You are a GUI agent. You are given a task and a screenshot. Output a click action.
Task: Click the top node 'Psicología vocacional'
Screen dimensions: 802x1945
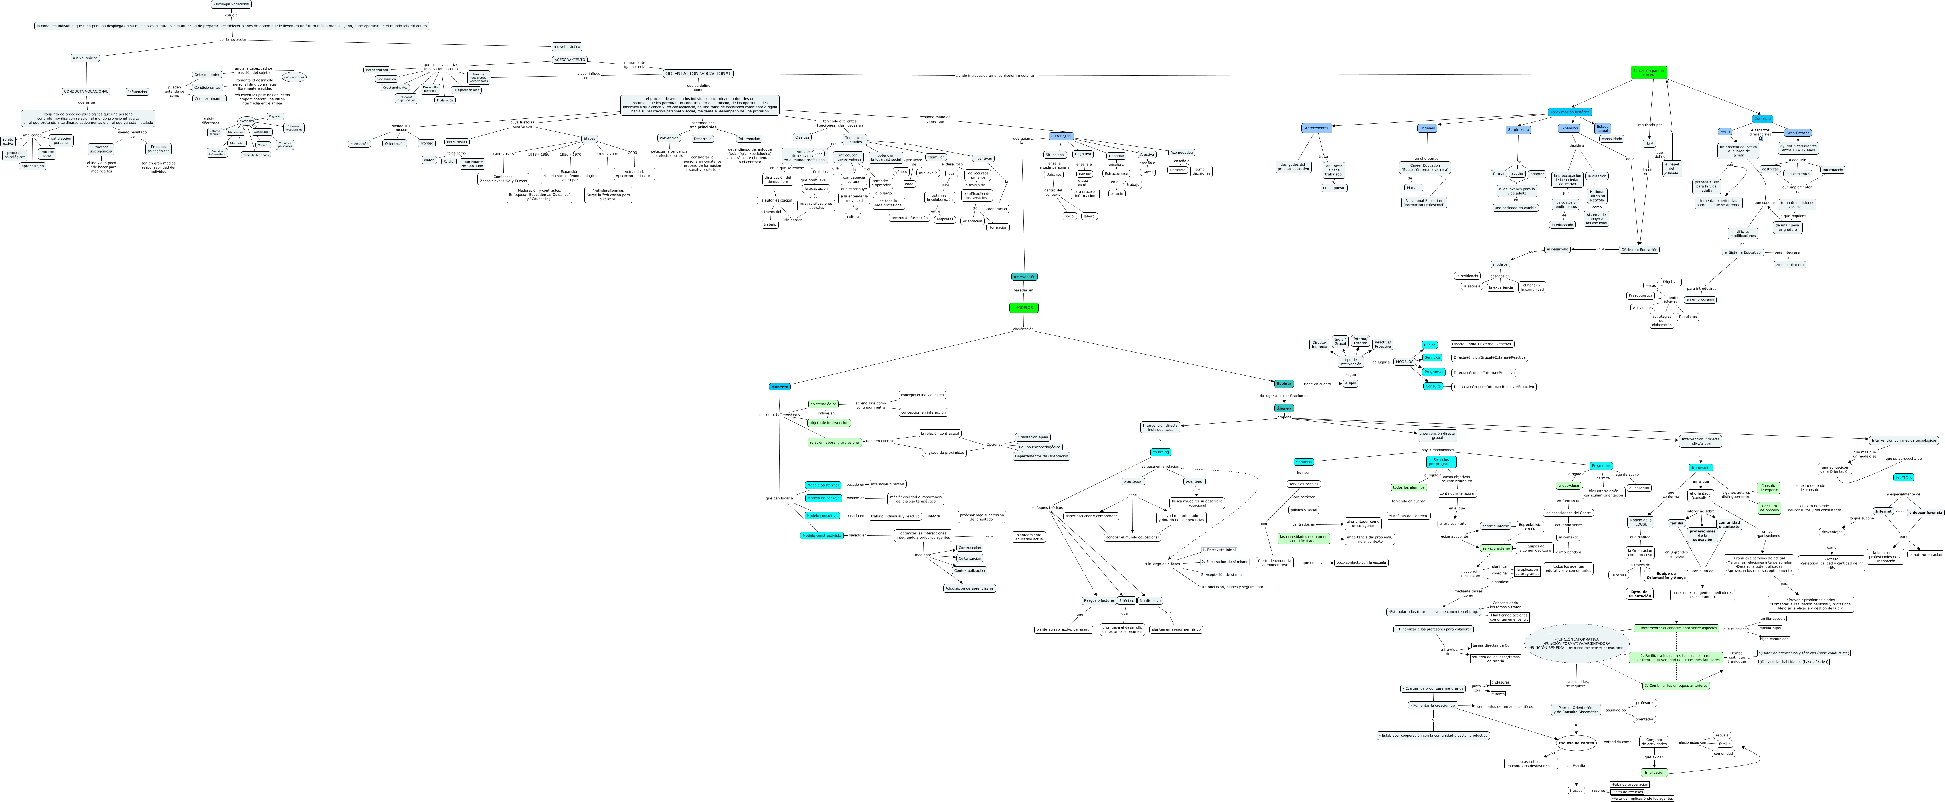[x=231, y=5]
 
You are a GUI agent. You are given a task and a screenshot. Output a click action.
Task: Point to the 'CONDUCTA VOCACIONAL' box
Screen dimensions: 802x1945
[x=86, y=91]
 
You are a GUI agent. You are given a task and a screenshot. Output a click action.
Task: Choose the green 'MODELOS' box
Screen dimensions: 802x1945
[x=1024, y=307]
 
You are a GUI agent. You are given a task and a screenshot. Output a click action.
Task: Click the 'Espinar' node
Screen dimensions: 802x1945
[x=1284, y=384]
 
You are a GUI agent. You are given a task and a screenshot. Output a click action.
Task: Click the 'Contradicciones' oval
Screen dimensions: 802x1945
[x=294, y=77]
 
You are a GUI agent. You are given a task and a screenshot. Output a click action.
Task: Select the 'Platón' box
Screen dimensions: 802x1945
[x=429, y=160]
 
